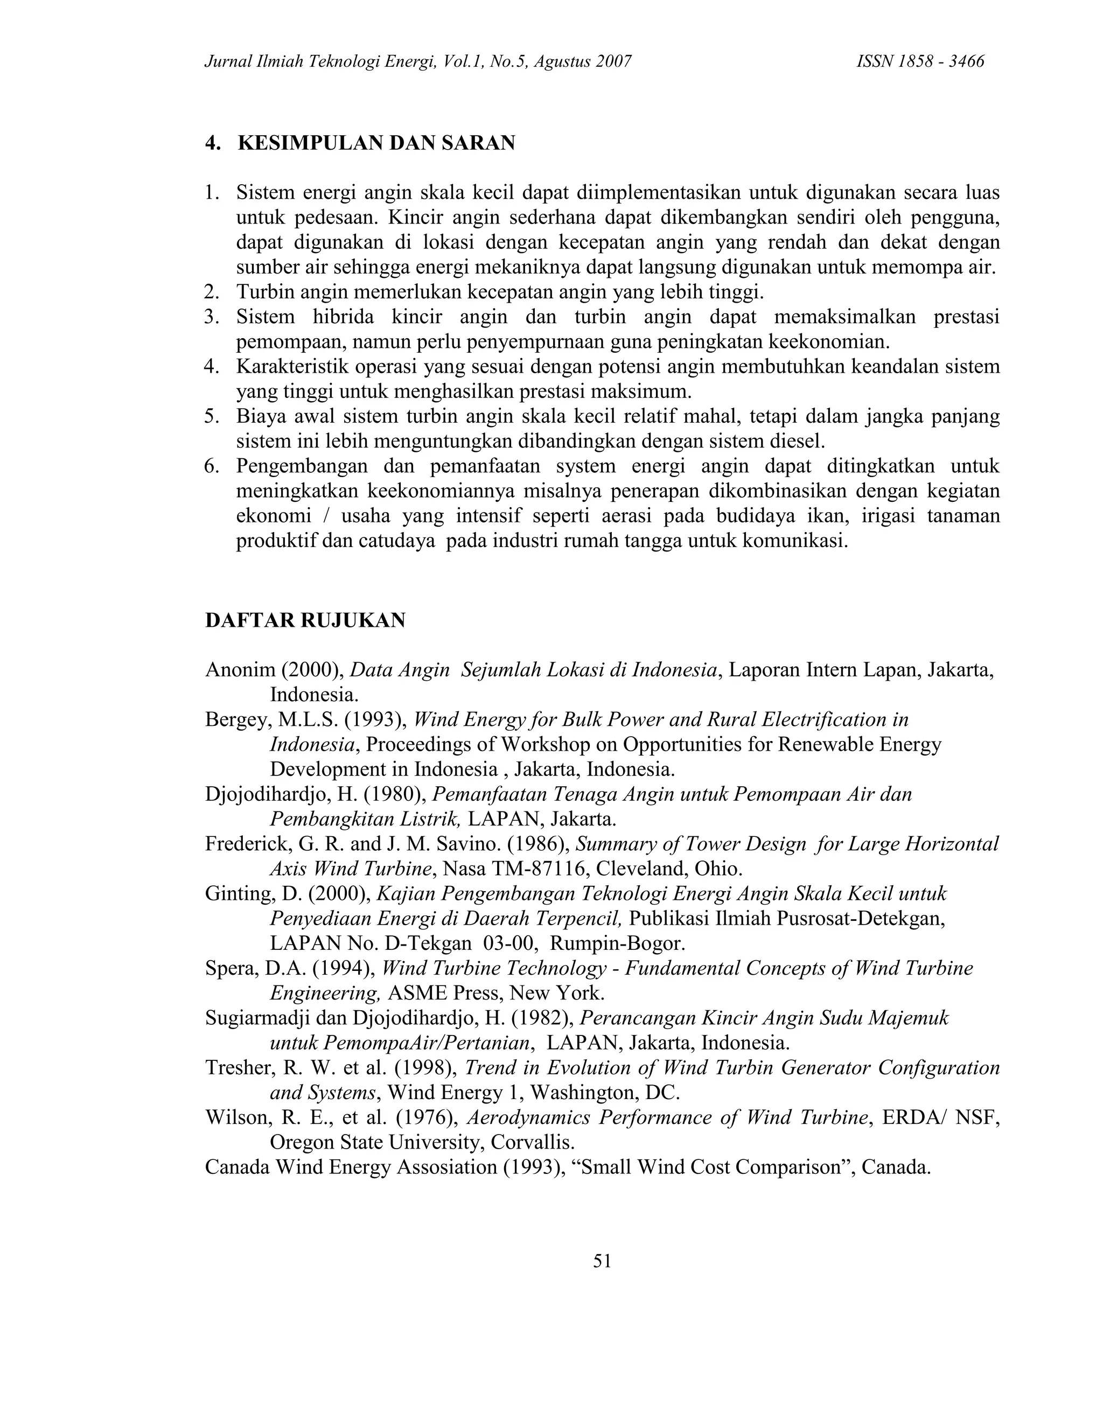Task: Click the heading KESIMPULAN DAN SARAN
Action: pyautogui.click(x=376, y=143)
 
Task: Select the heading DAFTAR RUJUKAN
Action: pyautogui.click(x=305, y=620)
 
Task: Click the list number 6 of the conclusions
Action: pyautogui.click(x=211, y=466)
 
